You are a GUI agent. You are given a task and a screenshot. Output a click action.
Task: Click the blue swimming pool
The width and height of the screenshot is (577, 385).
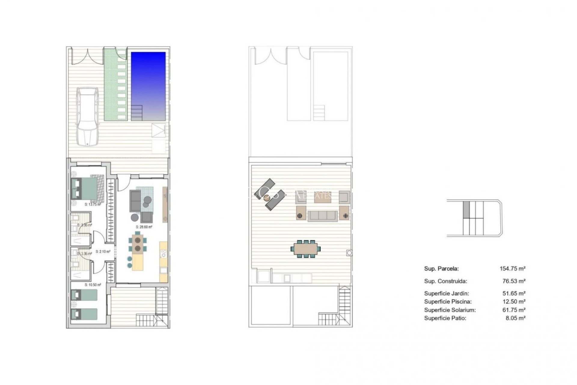tap(148, 86)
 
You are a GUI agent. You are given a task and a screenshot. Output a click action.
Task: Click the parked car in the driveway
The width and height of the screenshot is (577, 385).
tap(87, 116)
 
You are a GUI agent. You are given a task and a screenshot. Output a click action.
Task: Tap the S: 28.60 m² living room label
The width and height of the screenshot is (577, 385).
tap(144, 227)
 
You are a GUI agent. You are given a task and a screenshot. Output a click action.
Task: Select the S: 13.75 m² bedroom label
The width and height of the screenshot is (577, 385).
tap(93, 205)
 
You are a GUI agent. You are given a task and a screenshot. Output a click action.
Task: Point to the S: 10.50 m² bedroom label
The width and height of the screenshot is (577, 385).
tap(93, 285)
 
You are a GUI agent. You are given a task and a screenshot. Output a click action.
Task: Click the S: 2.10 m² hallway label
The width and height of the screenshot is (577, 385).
tap(103, 252)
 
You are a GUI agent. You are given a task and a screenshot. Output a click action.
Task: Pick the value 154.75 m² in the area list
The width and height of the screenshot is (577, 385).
tap(512, 269)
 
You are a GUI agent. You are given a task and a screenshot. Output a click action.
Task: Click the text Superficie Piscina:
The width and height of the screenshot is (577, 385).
tap(448, 302)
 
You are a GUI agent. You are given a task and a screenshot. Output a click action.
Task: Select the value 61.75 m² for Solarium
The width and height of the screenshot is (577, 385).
tap(514, 310)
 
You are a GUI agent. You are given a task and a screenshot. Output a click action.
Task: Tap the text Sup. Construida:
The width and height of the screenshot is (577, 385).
tap(445, 281)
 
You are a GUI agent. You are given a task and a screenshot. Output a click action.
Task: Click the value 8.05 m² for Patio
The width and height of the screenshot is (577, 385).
tap(515, 318)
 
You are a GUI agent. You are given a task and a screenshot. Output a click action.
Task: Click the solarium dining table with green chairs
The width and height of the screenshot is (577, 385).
tap(305, 249)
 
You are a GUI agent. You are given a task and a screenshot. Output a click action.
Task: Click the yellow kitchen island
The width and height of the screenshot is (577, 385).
tap(138, 263)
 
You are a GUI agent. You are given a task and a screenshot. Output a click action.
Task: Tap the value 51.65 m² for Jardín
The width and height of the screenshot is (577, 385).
tap(514, 293)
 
